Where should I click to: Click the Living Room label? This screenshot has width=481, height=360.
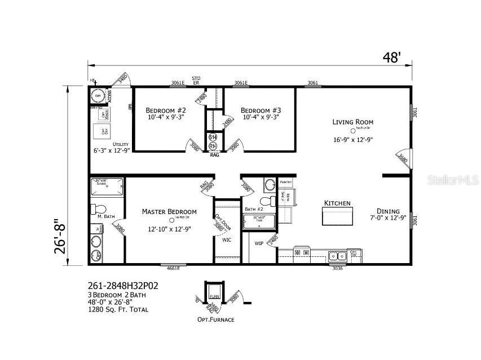click(x=352, y=122)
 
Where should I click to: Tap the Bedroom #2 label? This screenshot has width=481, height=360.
click(x=166, y=110)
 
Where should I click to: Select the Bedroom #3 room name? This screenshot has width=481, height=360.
click(x=261, y=110)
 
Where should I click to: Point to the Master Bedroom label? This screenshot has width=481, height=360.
click(x=169, y=211)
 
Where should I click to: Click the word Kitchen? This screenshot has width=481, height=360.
click(x=337, y=203)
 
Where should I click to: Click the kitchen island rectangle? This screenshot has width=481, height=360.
click(x=337, y=215)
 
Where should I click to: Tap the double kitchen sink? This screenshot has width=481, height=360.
click(x=338, y=256)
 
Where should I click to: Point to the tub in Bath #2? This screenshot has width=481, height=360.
click(x=259, y=221)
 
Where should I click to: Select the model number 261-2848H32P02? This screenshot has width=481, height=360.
click(x=123, y=286)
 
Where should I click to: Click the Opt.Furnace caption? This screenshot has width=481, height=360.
click(x=215, y=319)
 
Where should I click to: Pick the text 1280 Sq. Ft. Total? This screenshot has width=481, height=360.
click(x=116, y=310)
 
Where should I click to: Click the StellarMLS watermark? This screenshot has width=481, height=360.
click(x=453, y=180)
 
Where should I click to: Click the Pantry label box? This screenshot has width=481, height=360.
click(x=285, y=183)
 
